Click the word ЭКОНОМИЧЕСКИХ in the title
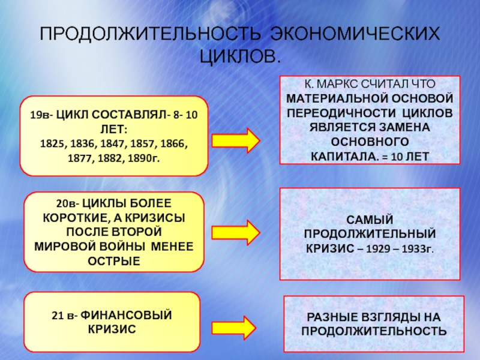point(354,34)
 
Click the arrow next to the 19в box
point(236,140)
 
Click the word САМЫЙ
point(370,220)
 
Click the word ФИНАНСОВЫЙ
point(129,315)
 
